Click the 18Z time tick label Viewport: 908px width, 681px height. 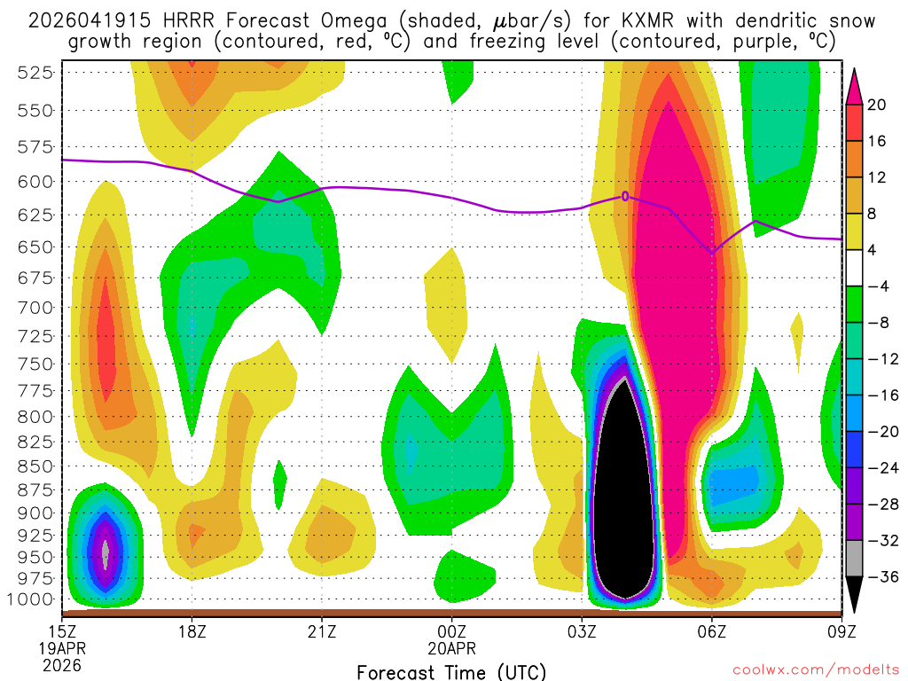[x=192, y=631]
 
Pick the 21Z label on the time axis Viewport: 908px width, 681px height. [x=321, y=631]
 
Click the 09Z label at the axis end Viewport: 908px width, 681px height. [x=840, y=631]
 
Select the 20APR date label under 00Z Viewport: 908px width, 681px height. [x=451, y=648]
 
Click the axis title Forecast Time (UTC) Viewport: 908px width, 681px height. [x=451, y=671]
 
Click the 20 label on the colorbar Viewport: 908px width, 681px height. [x=878, y=105]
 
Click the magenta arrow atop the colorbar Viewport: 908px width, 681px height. [x=855, y=86]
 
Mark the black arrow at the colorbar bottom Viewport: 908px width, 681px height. [x=855, y=594]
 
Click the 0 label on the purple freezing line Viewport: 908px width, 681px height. [x=625, y=196]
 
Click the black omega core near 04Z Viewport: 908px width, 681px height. [x=625, y=497]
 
